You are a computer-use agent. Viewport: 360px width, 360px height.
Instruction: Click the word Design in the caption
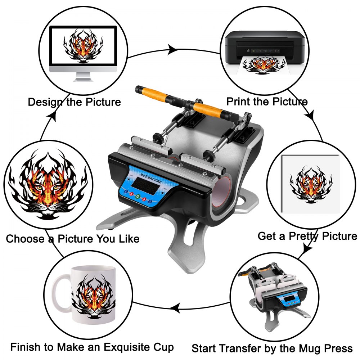tap(46, 102)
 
